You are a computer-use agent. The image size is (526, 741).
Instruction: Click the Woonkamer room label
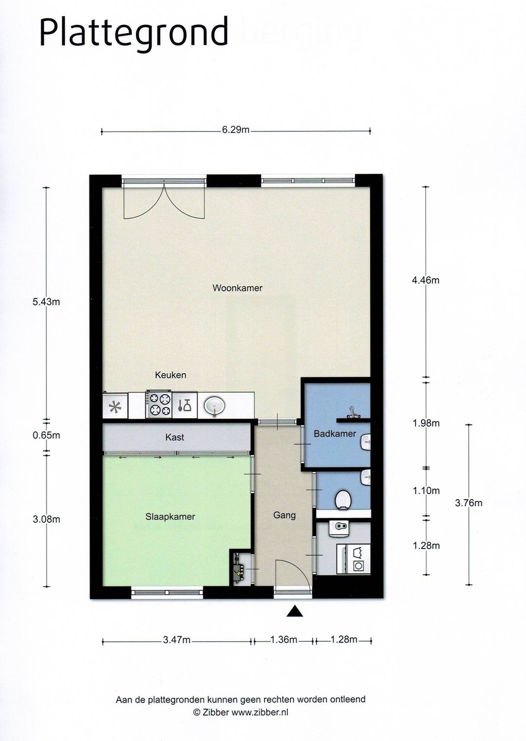coord(237,288)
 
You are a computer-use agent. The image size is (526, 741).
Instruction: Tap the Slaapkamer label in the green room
coord(170,517)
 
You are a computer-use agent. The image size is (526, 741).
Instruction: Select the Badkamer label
coord(335,433)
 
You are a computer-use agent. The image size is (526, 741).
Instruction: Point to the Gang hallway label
coord(284,515)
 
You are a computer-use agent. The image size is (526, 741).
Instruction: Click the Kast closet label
coord(174,437)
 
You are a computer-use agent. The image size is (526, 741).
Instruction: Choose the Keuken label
coord(170,375)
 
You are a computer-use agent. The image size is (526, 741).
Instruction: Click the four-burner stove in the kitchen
coord(159,405)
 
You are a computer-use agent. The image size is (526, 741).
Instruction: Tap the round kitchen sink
coord(215,405)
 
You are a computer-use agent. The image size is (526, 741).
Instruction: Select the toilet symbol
coord(343,499)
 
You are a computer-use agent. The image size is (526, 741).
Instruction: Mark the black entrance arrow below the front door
coord(295,611)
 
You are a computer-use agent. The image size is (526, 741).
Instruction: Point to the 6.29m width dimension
coord(236,130)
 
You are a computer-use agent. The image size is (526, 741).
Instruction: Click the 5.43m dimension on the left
coord(46,302)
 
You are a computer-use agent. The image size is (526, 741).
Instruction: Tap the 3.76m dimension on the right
coord(469,503)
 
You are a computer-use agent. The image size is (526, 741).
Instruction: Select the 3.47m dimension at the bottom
coord(177,640)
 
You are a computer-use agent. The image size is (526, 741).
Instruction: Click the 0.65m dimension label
coord(46,435)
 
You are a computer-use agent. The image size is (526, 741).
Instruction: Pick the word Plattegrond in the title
coord(133,32)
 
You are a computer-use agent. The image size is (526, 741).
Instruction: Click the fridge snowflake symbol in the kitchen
coord(115,407)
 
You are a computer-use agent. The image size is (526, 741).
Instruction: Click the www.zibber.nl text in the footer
coord(260,712)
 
